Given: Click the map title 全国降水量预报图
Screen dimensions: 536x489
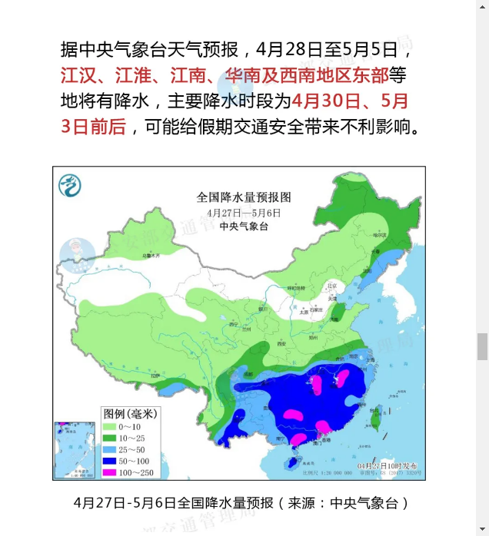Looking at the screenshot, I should [x=243, y=197].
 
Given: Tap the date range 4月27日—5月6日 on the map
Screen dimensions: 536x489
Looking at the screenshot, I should [x=243, y=212].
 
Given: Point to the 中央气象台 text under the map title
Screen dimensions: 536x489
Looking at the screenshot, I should [x=243, y=227].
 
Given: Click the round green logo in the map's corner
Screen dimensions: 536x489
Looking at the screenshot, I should [x=70, y=184].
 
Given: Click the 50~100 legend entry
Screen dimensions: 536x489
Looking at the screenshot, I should [x=129, y=460].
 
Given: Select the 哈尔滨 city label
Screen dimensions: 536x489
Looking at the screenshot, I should [x=378, y=235].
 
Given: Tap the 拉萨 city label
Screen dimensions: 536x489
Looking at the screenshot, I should [x=157, y=376].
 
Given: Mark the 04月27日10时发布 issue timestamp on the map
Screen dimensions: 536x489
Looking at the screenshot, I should [x=391, y=465].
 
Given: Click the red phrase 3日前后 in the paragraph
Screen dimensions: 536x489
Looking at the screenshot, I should [x=93, y=126].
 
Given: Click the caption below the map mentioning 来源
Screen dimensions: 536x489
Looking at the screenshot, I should [x=241, y=503].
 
